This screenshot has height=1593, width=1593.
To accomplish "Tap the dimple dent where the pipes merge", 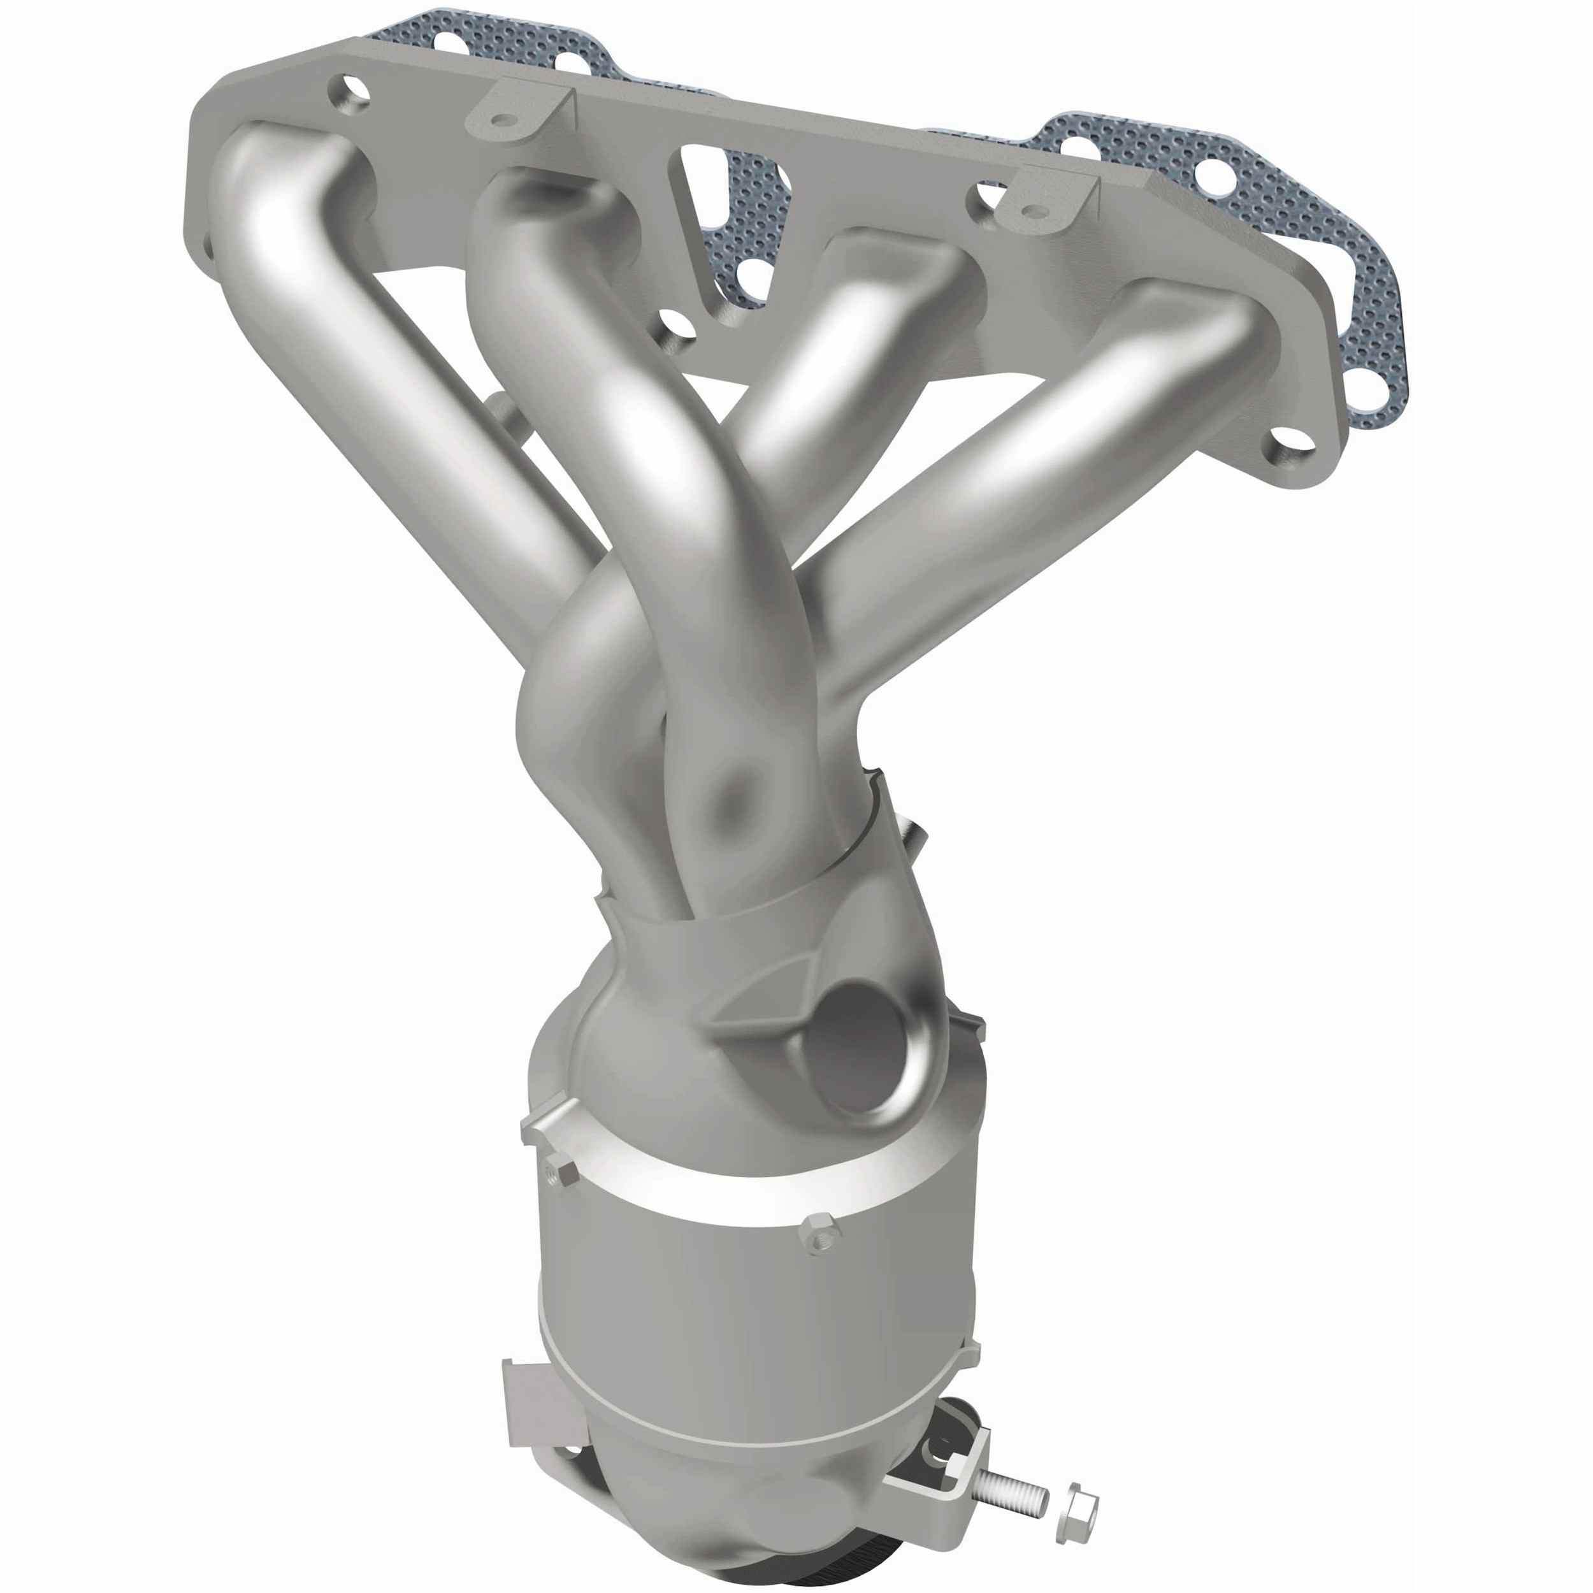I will pos(738,788).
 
